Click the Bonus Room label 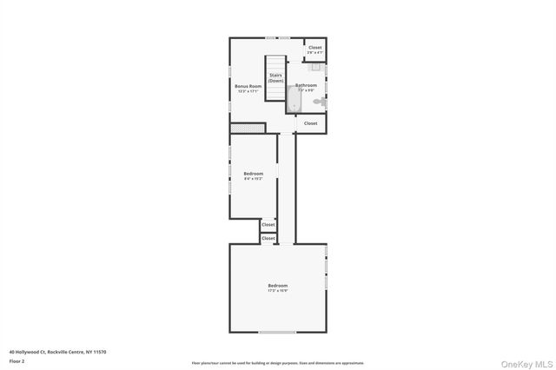(248, 86)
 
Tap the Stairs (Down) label (275, 78)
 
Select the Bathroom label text (306, 85)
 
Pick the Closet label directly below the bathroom (310, 123)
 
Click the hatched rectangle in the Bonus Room (247, 129)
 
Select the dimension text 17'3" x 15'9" (277, 292)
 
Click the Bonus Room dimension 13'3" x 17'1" (248, 91)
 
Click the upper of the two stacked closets (268, 225)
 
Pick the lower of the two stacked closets (268, 238)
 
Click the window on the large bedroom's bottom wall (277, 333)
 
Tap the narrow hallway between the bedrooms (286, 187)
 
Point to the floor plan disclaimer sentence (277, 363)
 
